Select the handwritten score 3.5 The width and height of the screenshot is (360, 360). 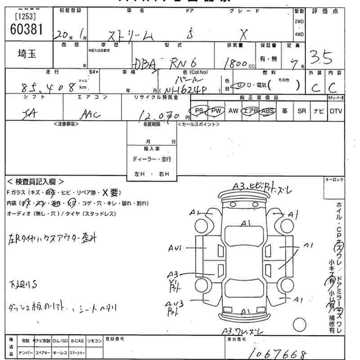click(x=320, y=57)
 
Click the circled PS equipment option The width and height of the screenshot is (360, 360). click(x=198, y=111)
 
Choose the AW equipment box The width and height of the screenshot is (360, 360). click(x=233, y=111)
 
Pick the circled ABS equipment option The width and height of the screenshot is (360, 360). click(x=267, y=111)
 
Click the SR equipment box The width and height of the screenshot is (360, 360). click(x=301, y=111)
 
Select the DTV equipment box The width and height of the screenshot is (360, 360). click(x=336, y=111)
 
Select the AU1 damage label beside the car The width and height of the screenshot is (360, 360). click(x=175, y=248)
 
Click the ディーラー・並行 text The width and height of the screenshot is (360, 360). click(x=152, y=159)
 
